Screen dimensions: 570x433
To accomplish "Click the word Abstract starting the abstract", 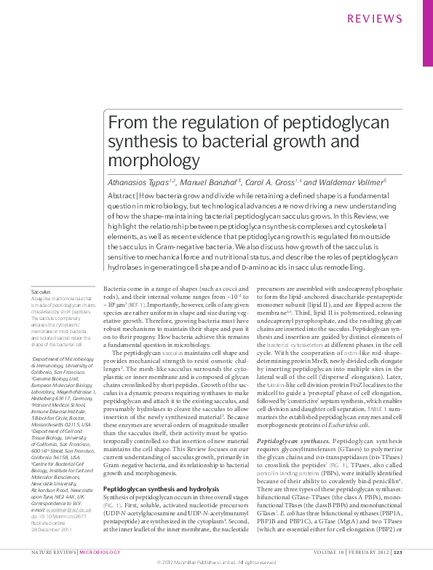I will (122, 198).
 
